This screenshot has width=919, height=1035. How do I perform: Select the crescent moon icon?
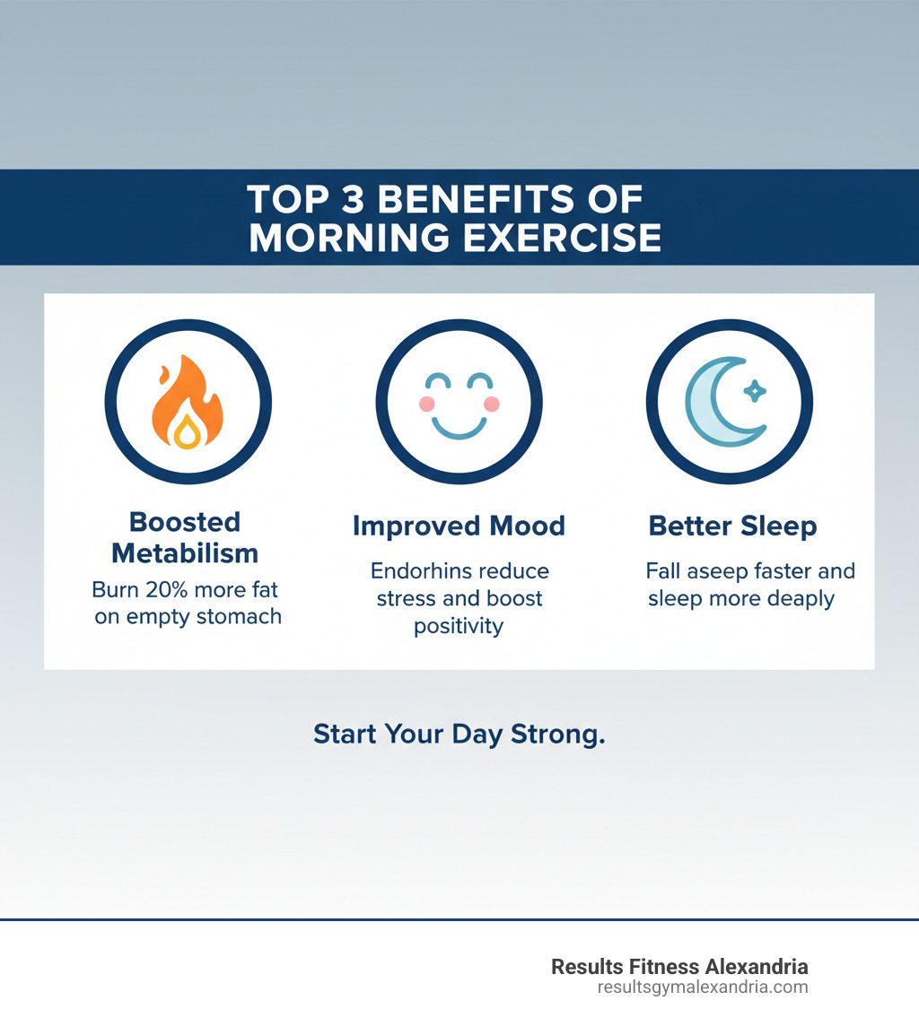(x=723, y=402)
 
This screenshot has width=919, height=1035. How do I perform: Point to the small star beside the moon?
(x=756, y=390)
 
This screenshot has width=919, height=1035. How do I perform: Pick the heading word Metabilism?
(x=185, y=552)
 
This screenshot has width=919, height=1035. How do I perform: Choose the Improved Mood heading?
(x=459, y=526)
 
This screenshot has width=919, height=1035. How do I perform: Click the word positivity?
(x=459, y=626)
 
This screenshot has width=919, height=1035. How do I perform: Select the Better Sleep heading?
(x=732, y=526)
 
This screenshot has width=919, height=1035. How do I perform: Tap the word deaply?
(x=796, y=598)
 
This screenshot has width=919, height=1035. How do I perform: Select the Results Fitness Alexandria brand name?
(x=679, y=967)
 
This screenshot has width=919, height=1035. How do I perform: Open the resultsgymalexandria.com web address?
(x=703, y=987)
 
